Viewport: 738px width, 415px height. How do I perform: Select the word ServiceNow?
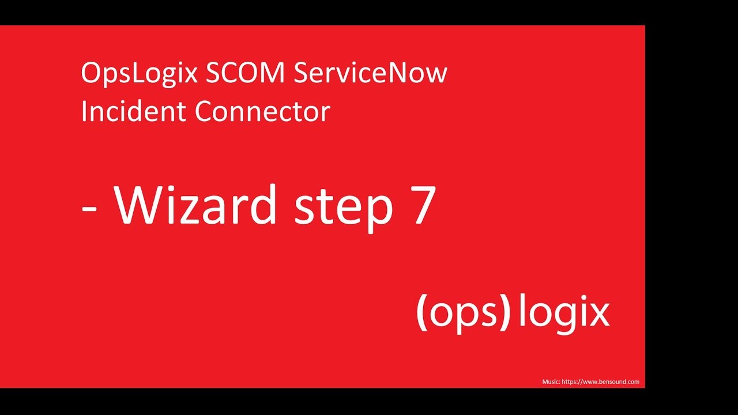click(x=371, y=73)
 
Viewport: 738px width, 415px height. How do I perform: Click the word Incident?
click(x=133, y=111)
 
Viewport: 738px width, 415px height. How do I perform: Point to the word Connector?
click(x=262, y=111)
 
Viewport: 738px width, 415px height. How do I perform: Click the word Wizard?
click(x=197, y=205)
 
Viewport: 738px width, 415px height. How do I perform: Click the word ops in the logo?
click(x=464, y=314)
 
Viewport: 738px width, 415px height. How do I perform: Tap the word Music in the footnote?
click(x=550, y=382)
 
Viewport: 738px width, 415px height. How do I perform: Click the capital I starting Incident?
click(x=84, y=111)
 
